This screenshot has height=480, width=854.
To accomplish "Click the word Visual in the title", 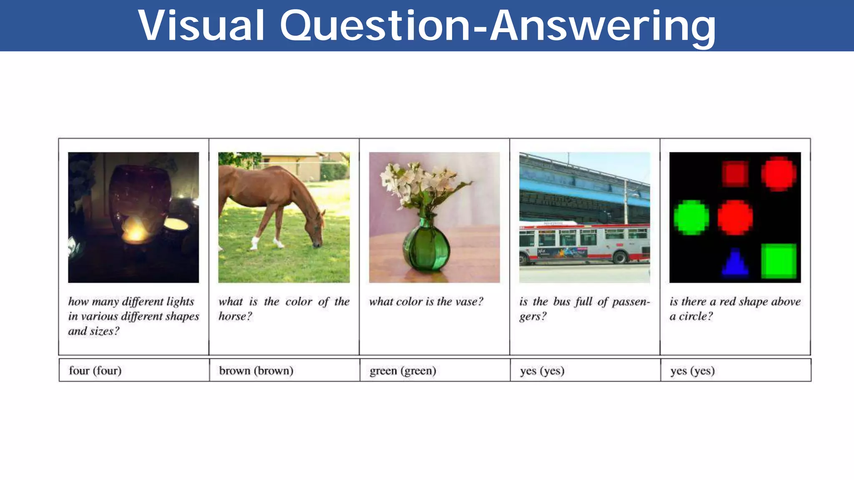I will coord(201,26).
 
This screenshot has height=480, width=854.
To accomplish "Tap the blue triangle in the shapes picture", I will coord(735,262).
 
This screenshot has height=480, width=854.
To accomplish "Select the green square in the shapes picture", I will coord(779,261).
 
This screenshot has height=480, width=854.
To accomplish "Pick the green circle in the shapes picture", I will coord(691,217).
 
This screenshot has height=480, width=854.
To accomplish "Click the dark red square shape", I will coord(735,173).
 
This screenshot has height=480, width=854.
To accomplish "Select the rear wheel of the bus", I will coord(620,257).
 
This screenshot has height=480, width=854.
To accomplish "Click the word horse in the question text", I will coord(234,316).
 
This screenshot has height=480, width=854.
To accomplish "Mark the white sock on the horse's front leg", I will coord(254,243).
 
